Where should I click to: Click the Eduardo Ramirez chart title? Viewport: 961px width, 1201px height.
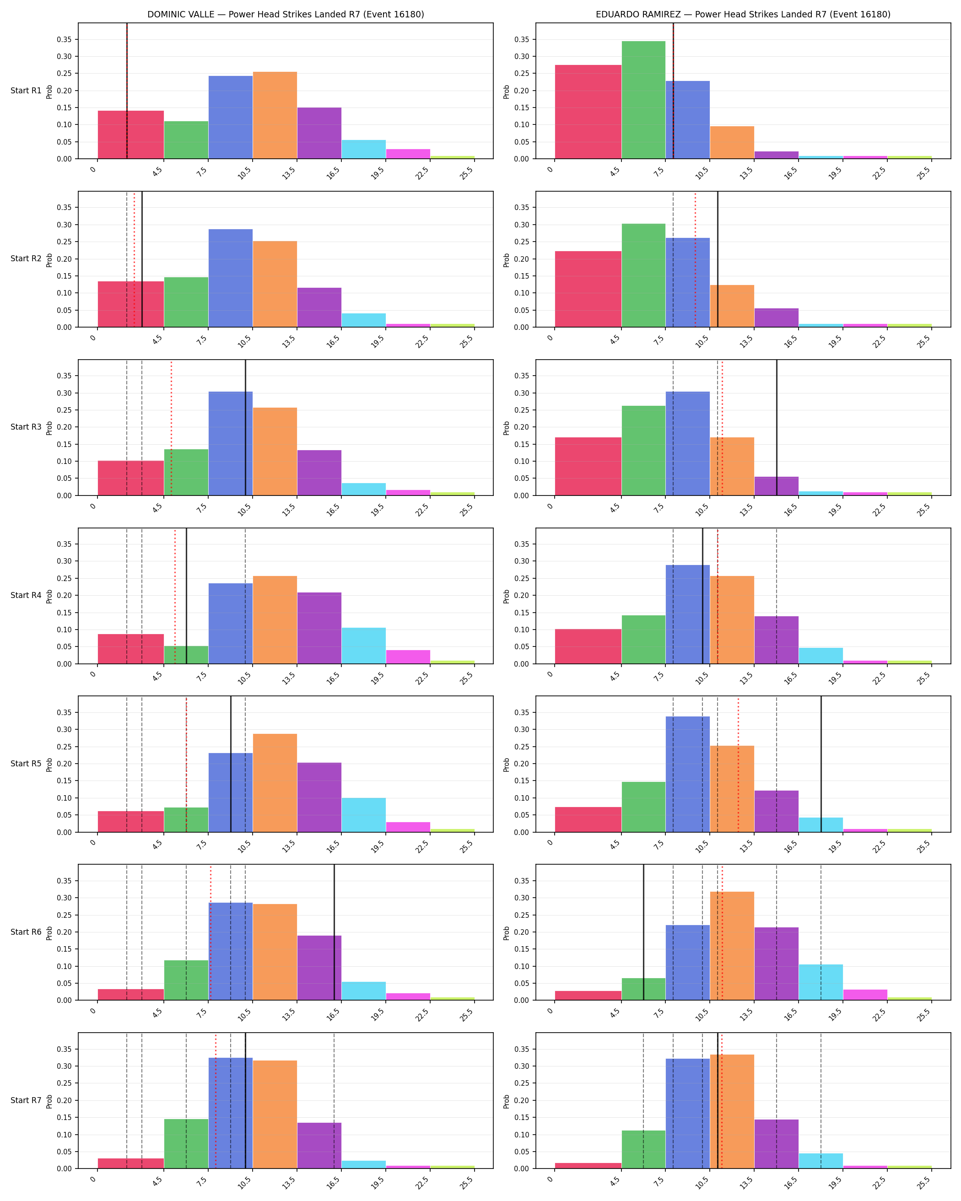(x=743, y=15)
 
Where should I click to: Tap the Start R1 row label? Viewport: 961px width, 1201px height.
(x=26, y=91)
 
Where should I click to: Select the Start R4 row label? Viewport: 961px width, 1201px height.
(x=26, y=596)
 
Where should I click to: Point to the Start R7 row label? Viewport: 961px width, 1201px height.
(x=26, y=1100)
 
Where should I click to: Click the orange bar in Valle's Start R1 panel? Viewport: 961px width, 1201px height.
(x=275, y=115)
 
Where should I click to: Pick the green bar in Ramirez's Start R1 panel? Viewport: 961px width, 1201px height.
(x=643, y=100)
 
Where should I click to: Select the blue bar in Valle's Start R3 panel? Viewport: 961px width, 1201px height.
(x=231, y=443)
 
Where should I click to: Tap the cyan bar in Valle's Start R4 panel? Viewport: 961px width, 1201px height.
(x=364, y=646)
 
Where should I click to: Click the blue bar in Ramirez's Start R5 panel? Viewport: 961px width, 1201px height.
(x=687, y=774)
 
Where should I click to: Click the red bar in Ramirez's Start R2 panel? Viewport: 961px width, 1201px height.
(x=588, y=289)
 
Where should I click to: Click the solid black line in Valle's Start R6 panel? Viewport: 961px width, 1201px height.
(x=334, y=932)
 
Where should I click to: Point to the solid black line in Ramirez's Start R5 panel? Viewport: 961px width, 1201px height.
(x=821, y=764)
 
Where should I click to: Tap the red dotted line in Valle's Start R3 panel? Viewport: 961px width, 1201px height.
(x=171, y=428)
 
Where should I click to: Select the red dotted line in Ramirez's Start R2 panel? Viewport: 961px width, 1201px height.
(x=695, y=259)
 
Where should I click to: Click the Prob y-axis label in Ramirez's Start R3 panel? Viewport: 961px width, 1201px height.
(x=507, y=428)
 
